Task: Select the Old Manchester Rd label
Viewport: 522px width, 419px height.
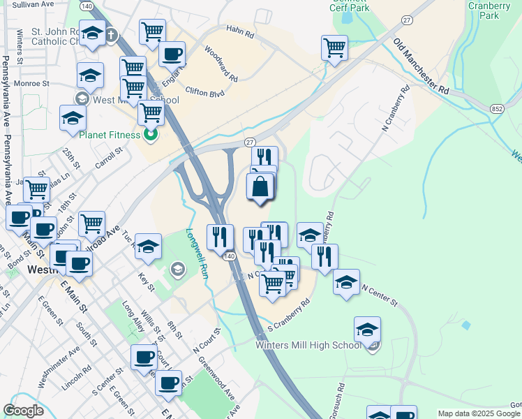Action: (x=421, y=67)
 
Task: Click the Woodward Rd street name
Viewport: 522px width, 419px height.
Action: (x=221, y=63)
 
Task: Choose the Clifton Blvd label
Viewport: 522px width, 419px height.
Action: (x=204, y=91)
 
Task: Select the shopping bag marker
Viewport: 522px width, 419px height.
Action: (x=260, y=188)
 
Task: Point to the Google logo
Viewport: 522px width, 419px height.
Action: (x=24, y=411)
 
